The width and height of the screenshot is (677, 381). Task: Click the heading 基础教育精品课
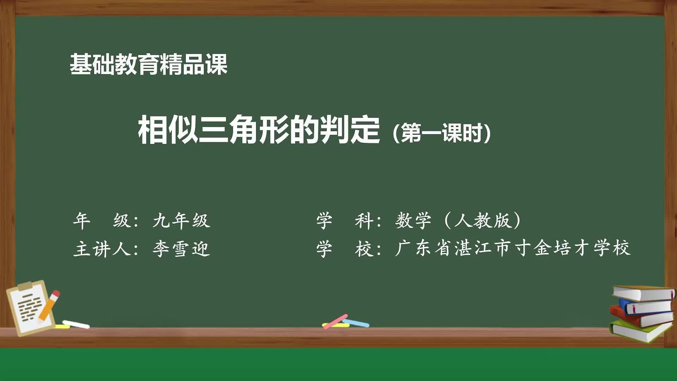pos(148,65)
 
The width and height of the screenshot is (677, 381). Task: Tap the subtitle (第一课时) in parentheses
pos(441,133)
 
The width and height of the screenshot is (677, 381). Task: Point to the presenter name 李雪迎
pos(181,249)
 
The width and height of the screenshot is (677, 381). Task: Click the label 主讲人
pos(102,249)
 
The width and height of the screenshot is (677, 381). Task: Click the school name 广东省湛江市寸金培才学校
pos(513,248)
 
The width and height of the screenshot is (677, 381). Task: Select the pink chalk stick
pos(335,321)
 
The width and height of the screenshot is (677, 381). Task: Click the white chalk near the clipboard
pos(76,324)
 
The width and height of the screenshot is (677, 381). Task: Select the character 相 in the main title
pos(152,131)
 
